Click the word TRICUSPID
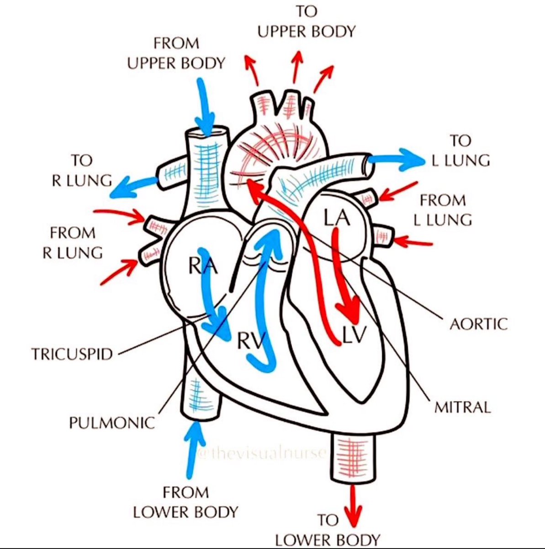pos(72,354)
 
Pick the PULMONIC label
pos(112,422)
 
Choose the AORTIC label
pos(478,324)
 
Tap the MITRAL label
pos(462,407)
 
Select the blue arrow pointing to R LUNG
pos(133,185)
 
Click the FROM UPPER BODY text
pos(176,53)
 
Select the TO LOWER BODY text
pos(328,530)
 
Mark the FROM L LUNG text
pos(442,210)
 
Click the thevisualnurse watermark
pos(262,453)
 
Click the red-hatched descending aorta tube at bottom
pos(352,457)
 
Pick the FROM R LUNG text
pos(73,242)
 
